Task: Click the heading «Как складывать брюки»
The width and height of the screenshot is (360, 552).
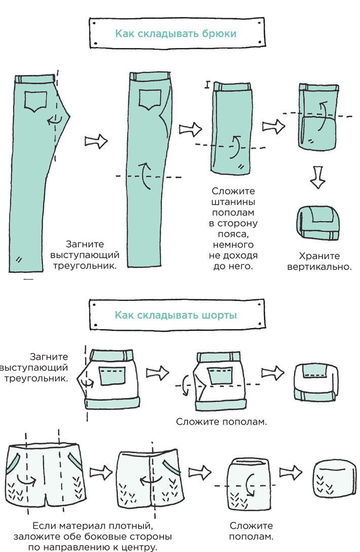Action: point(175,34)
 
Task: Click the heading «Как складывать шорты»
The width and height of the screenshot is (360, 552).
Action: point(175,315)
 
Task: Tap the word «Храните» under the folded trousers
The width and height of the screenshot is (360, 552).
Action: point(319,256)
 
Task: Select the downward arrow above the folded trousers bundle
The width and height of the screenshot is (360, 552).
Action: point(318,177)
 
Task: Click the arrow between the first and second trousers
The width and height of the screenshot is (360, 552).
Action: point(96,140)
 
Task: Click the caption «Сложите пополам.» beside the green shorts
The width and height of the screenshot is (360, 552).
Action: point(221,421)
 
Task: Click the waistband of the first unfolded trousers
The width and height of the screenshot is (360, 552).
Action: point(34,79)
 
